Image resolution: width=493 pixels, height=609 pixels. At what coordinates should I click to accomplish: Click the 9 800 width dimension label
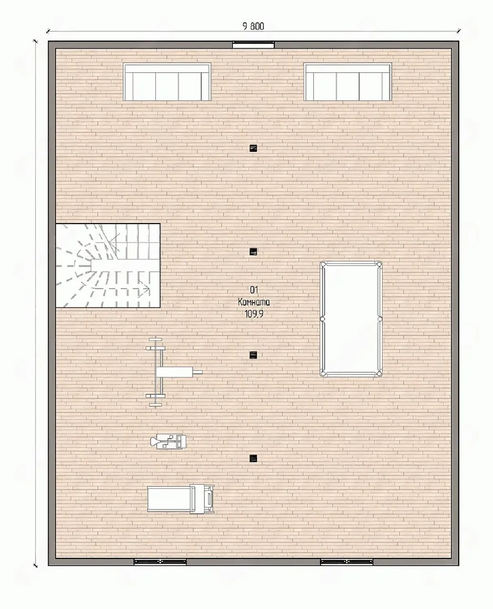pyautogui.click(x=253, y=27)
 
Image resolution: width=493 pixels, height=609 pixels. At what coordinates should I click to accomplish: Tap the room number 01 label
pyautogui.click(x=254, y=290)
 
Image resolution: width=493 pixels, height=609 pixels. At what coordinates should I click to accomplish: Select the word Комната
pyautogui.click(x=254, y=302)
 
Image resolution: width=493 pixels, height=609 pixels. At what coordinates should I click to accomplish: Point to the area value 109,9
pyautogui.click(x=254, y=314)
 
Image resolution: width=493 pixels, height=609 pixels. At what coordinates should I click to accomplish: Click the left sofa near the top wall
pyautogui.click(x=167, y=82)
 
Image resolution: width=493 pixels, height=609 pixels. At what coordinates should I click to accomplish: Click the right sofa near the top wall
pyautogui.click(x=348, y=82)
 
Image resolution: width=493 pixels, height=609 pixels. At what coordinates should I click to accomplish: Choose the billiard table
pyautogui.click(x=351, y=318)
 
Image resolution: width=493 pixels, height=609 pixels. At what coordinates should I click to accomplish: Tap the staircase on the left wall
pyautogui.click(x=108, y=265)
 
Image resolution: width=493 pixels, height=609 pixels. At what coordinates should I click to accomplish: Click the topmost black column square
pyautogui.click(x=253, y=148)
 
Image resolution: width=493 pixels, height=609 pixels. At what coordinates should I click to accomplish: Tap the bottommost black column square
pyautogui.click(x=253, y=459)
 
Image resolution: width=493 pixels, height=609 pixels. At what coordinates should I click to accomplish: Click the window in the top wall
pyautogui.click(x=253, y=45)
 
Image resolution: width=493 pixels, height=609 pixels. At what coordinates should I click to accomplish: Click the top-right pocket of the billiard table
pyautogui.click(x=379, y=264)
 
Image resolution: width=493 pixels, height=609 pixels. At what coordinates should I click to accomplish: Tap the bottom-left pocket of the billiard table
pyautogui.click(x=323, y=373)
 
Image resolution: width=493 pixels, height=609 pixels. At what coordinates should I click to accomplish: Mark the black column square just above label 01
pyautogui.click(x=253, y=252)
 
